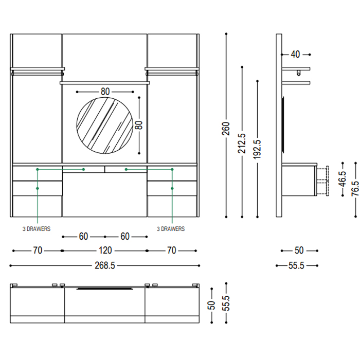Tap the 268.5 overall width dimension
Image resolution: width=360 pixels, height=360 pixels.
[x=105, y=266]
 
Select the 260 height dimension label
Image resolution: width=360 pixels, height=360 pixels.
[x=226, y=129]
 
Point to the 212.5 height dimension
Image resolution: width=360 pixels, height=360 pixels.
[x=242, y=143]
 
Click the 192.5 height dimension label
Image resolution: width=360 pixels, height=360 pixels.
[x=257, y=150]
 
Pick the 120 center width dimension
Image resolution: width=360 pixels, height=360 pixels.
[x=105, y=250]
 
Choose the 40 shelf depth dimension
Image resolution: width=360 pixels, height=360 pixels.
[x=296, y=55]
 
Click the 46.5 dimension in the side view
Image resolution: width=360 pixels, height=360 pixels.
[x=343, y=179]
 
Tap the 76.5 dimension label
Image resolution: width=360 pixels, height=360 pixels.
[x=355, y=189]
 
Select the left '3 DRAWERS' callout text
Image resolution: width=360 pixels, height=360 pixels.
[x=37, y=229]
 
